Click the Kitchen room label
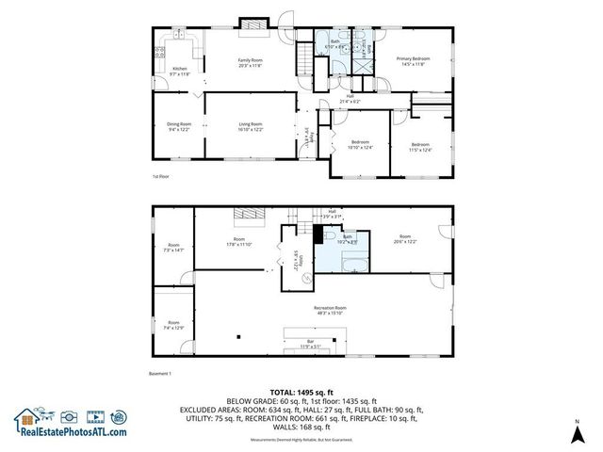tap(179, 71)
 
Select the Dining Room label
tap(179, 126)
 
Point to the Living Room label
tap(249, 126)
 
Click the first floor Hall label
tap(350, 98)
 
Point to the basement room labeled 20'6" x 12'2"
tap(404, 239)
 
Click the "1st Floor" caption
tap(160, 176)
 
